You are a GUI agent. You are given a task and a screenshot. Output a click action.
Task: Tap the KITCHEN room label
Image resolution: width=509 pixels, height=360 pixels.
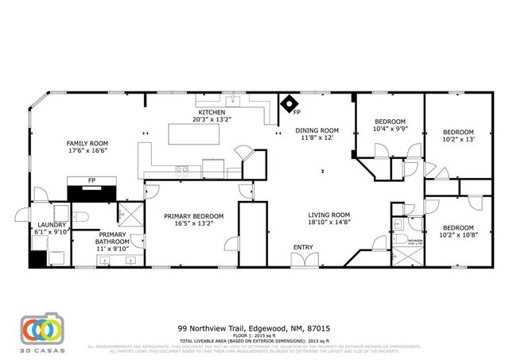212,113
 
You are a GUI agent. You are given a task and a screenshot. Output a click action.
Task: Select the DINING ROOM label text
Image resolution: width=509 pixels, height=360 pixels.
317,130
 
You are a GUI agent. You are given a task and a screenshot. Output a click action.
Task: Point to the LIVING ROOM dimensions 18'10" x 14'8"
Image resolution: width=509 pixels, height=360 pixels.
329,223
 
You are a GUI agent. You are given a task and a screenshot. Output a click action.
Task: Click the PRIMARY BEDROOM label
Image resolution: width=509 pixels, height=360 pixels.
193,215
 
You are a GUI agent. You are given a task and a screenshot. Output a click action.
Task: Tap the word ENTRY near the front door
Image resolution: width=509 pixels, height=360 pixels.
302,247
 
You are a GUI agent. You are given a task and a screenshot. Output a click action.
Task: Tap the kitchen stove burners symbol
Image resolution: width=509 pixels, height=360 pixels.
181,168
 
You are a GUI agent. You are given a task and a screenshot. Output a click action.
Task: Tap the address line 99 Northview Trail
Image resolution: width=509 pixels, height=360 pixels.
254,327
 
